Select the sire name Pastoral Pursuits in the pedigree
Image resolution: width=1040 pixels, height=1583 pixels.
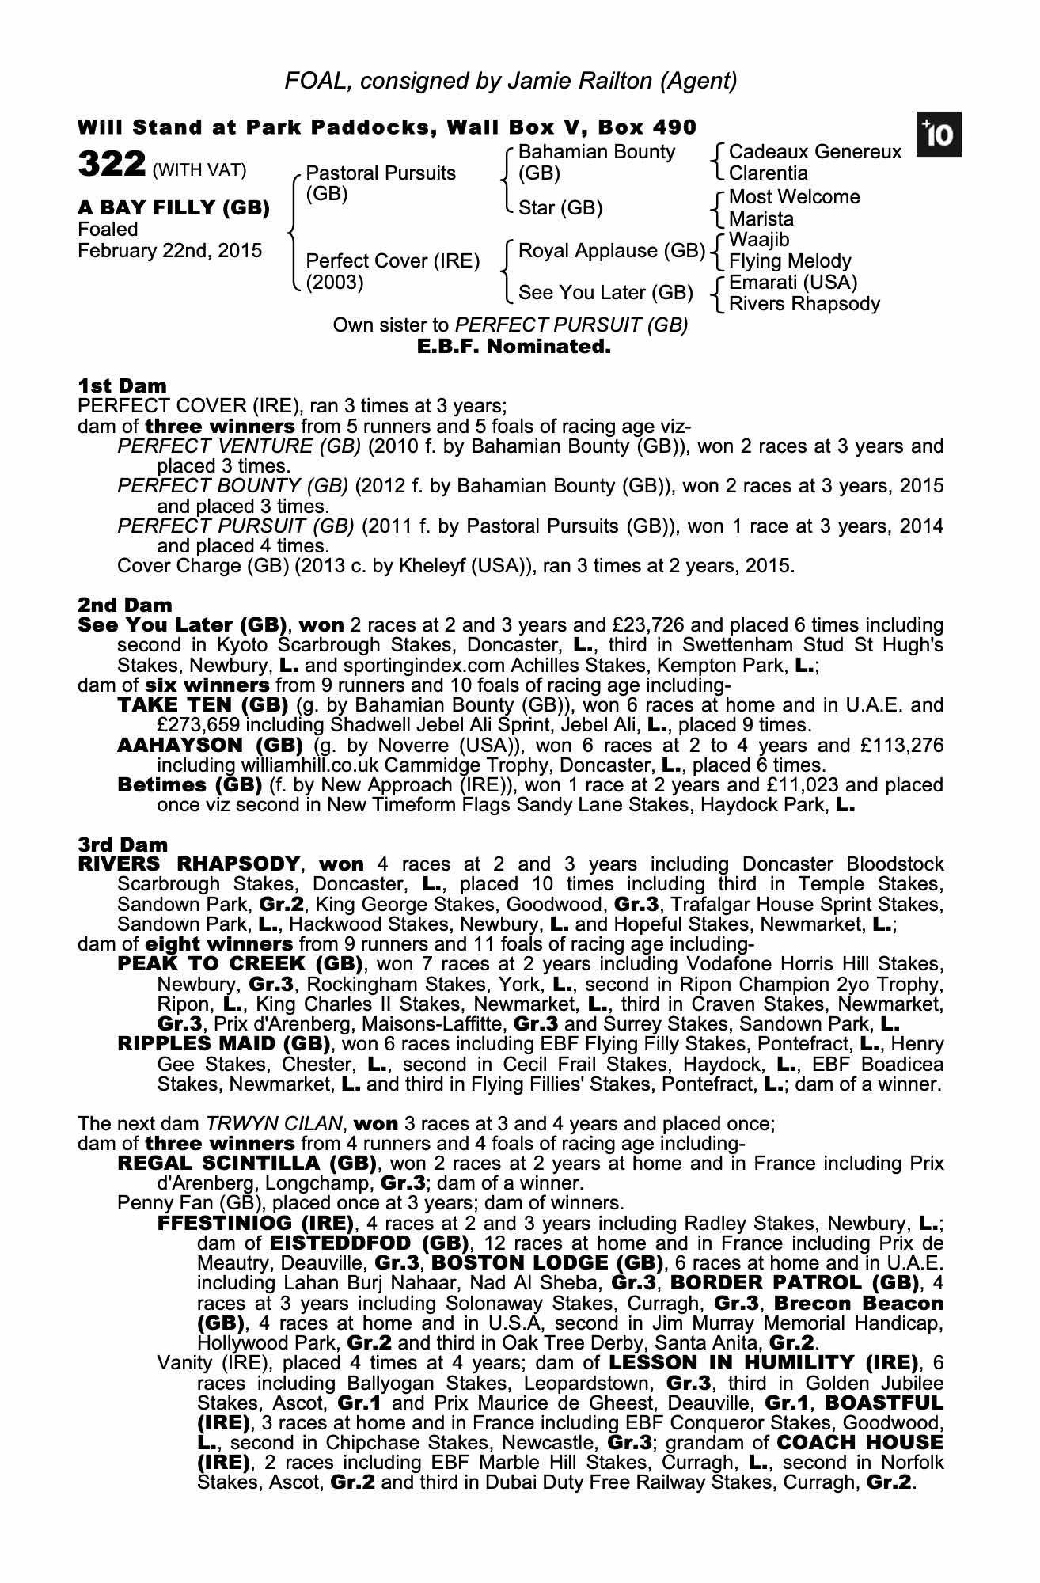(381, 173)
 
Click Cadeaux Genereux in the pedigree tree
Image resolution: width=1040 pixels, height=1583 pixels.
(814, 151)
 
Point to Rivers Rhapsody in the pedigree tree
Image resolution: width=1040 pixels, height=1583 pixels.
(804, 304)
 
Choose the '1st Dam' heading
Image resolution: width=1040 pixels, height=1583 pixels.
(123, 386)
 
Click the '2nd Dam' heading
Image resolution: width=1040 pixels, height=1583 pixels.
(125, 605)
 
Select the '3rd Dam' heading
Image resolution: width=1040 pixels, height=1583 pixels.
(123, 845)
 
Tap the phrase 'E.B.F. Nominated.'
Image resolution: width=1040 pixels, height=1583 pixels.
(514, 347)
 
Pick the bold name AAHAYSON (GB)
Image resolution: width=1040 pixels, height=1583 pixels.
(211, 745)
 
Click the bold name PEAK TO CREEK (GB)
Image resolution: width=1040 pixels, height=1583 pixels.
(240, 964)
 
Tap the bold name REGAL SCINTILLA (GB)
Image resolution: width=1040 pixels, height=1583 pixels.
(246, 1164)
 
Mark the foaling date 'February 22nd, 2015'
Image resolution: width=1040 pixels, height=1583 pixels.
(170, 251)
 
